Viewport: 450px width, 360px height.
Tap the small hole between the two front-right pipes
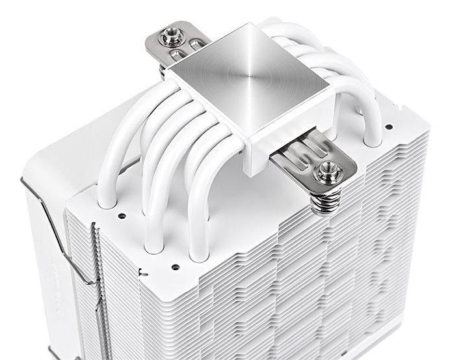pos(175,266)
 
